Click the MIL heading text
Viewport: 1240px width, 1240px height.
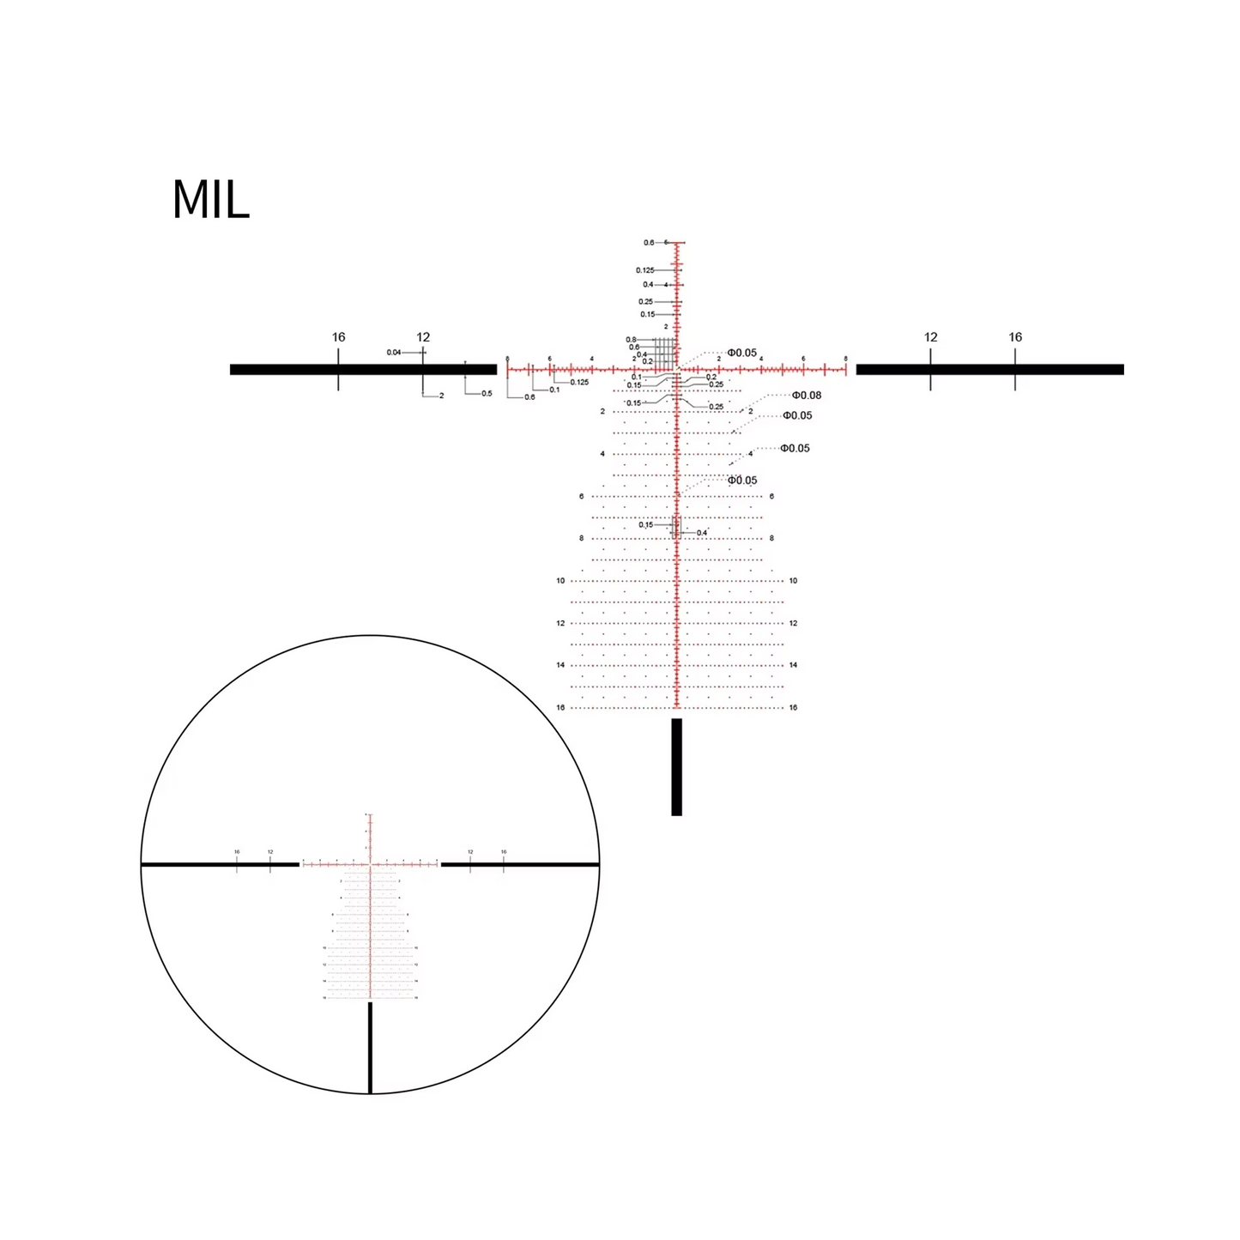(210, 200)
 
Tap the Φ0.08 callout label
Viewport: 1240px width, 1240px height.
(806, 396)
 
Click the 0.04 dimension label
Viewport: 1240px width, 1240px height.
(394, 352)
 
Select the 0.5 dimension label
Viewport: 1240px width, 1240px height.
(487, 394)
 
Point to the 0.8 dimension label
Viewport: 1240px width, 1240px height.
(631, 340)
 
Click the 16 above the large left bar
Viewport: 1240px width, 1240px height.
(338, 337)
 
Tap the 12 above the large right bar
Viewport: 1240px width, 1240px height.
(930, 337)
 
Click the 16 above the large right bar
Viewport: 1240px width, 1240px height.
(1015, 337)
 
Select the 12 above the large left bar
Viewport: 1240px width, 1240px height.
(423, 337)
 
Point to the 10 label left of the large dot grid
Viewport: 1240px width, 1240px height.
(560, 581)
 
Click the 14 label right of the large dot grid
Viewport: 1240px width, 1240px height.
(793, 665)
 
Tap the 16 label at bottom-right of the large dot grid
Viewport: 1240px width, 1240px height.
(793, 708)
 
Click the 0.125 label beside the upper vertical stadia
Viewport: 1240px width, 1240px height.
(644, 270)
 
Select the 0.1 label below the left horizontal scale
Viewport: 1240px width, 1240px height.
(554, 390)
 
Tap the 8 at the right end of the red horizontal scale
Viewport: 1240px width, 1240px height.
(845, 359)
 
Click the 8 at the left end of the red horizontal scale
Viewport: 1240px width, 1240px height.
(507, 359)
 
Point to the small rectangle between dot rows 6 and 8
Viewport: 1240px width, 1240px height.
(676, 527)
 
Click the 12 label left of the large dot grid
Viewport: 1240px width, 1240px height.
(560, 624)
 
